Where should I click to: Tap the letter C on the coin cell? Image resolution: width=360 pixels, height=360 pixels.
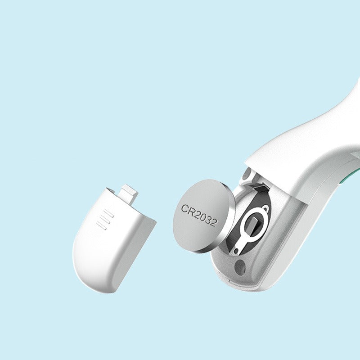point(185,208)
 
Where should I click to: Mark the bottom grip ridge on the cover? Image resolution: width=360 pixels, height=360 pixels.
point(102,227)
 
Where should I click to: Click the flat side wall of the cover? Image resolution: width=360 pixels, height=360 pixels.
point(137,252)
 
